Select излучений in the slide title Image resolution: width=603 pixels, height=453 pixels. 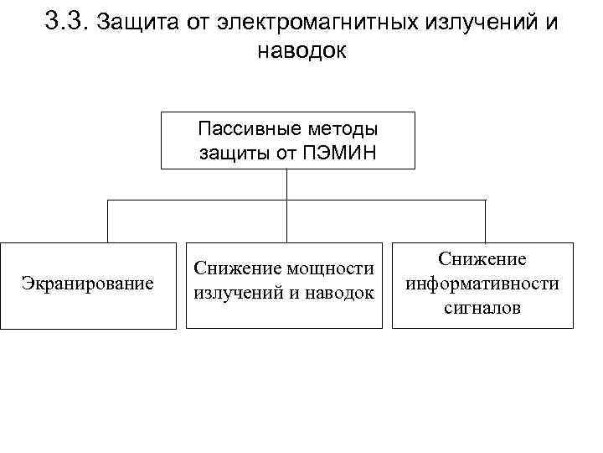tap(462, 23)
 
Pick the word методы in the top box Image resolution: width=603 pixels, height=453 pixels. tap(338, 130)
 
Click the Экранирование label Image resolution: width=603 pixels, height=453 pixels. tap(88, 284)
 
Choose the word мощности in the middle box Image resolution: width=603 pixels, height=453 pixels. tap(329, 268)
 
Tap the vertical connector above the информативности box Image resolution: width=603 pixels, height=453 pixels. tap(485, 221)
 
